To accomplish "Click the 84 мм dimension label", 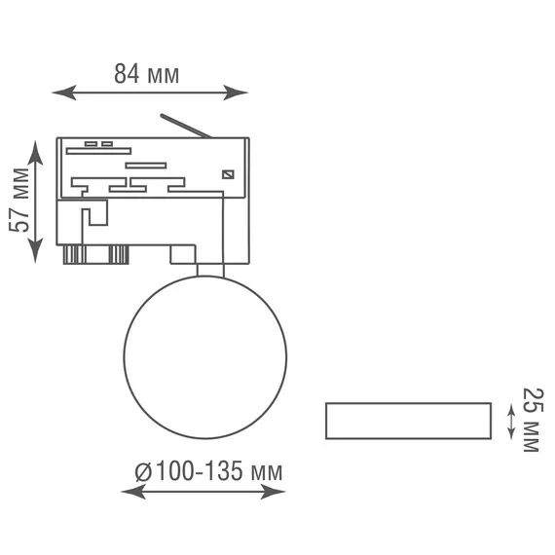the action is coord(146,74).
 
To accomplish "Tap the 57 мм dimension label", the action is coord(19,201).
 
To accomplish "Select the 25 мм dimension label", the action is coord(531,420).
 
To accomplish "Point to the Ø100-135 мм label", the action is coord(208,471).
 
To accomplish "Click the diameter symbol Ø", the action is coord(143,472).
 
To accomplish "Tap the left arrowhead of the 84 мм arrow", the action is coord(64,92).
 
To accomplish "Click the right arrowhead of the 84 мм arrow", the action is coord(236,92).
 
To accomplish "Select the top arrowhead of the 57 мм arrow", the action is coord(35,153).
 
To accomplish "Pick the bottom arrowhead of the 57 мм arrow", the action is coord(35,250).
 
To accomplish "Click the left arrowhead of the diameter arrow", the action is coord(133,492).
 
